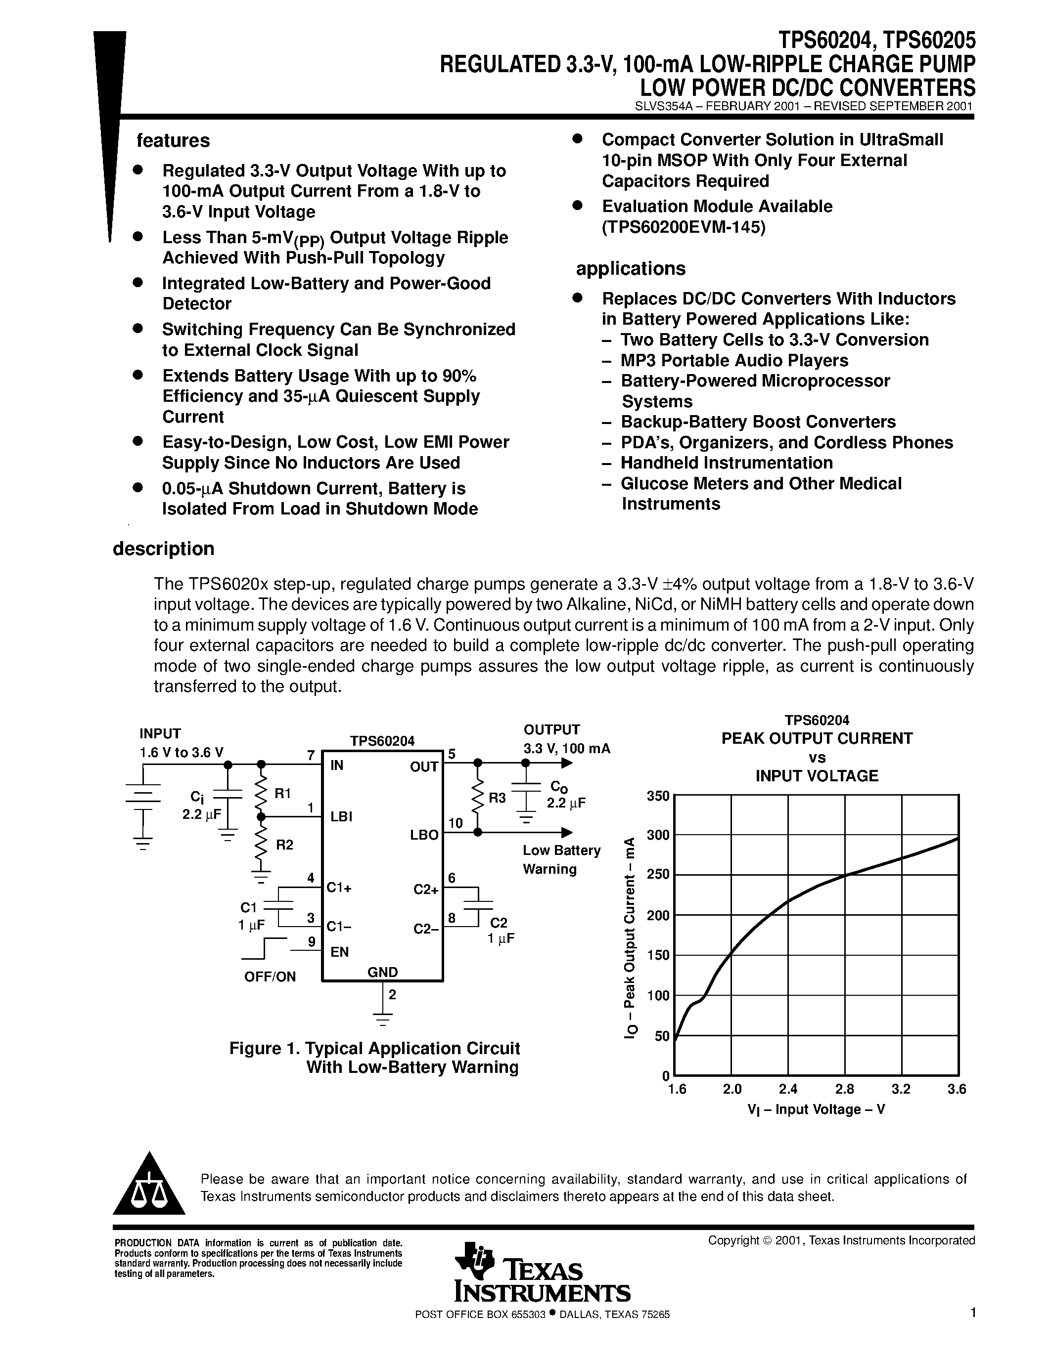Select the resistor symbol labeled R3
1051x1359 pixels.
(x=478, y=797)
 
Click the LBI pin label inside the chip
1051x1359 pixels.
(x=341, y=816)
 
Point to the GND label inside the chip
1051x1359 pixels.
(x=382, y=972)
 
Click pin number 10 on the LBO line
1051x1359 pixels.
(x=455, y=823)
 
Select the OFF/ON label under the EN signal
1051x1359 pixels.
(x=270, y=977)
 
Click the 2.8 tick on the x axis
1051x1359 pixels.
(x=844, y=1089)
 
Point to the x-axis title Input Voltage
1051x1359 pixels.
(x=816, y=1109)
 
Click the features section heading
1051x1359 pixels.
(x=173, y=141)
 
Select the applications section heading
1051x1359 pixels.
(x=630, y=269)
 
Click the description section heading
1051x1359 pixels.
(x=163, y=549)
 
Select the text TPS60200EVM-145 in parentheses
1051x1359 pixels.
(x=683, y=227)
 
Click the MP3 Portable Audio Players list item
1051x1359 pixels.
(x=733, y=360)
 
